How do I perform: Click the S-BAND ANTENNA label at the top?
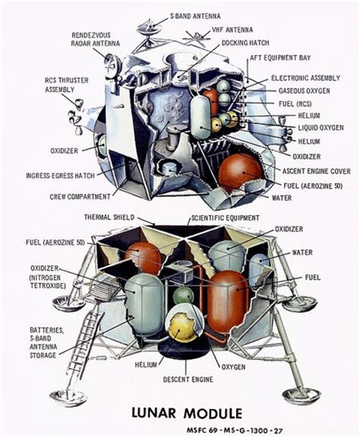[x=195, y=16]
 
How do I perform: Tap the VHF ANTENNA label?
[x=232, y=30]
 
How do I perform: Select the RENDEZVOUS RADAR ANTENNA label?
[x=96, y=40]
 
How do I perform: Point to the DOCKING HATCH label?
[x=245, y=43]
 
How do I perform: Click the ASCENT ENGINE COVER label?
[x=317, y=171]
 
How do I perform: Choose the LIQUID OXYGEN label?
[x=321, y=128]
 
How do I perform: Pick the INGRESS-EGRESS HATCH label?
[x=61, y=176]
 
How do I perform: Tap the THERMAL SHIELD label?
[x=109, y=217]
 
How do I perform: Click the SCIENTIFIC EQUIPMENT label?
[x=226, y=218]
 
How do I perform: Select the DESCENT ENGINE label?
[x=188, y=379]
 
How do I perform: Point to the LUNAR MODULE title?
[x=187, y=413]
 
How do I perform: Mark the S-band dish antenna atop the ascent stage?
[x=150, y=27]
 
